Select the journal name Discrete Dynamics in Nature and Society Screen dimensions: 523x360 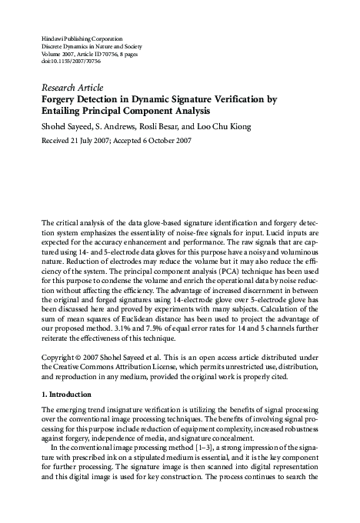[88, 46]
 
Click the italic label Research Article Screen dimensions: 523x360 [72, 88]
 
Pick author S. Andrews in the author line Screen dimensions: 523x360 [118, 126]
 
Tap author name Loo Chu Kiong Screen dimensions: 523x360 [229, 126]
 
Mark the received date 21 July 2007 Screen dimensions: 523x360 [89, 142]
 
